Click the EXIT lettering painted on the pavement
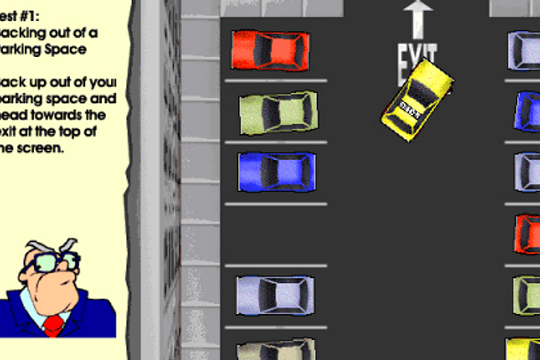(417, 61)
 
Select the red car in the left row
(271, 51)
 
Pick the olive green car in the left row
(278, 112)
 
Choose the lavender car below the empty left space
(274, 296)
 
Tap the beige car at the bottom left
(275, 351)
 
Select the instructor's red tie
(54, 325)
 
